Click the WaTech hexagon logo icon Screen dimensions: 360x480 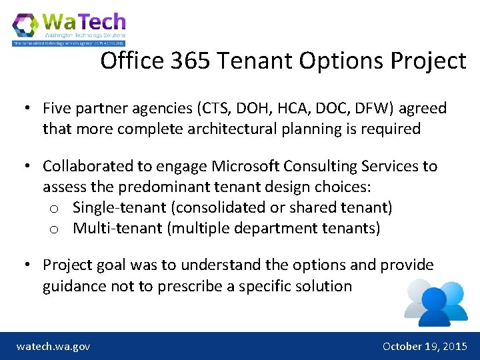click(26, 27)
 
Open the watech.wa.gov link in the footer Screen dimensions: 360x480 click(53, 347)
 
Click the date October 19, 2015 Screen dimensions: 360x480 click(425, 347)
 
